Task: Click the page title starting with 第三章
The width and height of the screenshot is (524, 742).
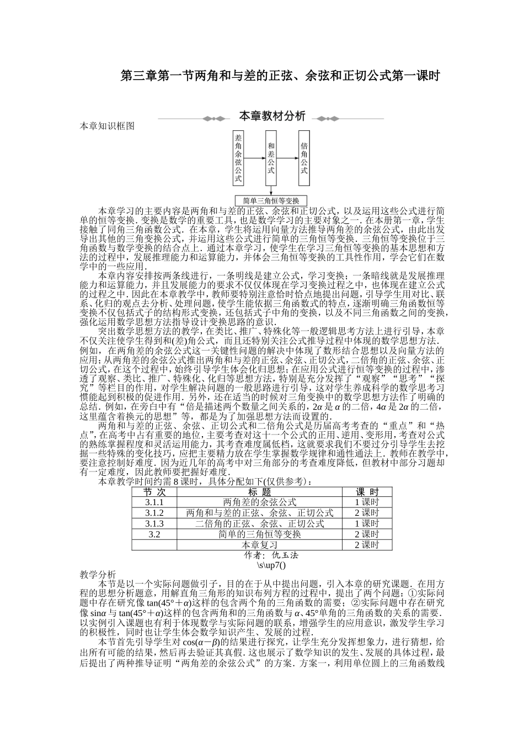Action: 280,76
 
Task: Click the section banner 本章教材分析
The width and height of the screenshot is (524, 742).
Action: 271,117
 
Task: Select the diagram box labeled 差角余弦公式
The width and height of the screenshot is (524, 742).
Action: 238,158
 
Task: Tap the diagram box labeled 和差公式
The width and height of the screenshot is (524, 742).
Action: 270,158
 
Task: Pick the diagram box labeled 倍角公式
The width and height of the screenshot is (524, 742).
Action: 303,158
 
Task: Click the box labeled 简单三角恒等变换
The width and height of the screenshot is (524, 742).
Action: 271,201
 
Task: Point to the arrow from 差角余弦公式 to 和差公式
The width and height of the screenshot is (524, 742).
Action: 254,158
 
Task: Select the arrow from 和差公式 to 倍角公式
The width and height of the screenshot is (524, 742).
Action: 287,158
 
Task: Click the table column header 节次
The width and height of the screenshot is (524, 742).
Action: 154,492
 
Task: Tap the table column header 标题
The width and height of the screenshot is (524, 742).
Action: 259,492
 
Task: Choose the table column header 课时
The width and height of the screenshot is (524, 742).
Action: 367,492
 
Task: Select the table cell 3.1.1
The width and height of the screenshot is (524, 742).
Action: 154,502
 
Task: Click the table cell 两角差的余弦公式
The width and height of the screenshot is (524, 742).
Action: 259,502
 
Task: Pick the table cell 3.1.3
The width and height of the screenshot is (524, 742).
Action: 154,523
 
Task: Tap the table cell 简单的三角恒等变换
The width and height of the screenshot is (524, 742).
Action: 259,534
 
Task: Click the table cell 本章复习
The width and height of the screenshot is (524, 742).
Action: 259,545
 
